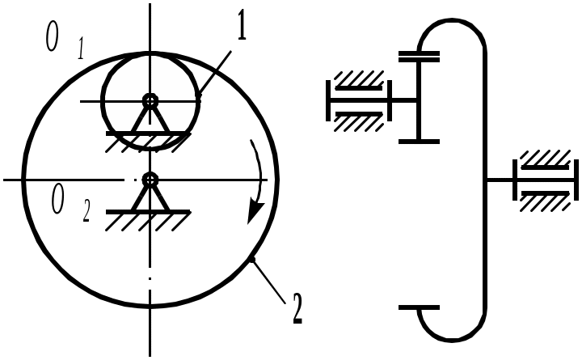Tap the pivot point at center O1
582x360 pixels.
150,100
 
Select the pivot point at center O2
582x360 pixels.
150,179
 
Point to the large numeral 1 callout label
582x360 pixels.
241,28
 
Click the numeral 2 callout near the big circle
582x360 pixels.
297,308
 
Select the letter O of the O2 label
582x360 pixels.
57,198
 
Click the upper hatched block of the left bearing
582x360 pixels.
359,82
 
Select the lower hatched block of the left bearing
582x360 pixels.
359,121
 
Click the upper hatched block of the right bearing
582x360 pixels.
546,160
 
